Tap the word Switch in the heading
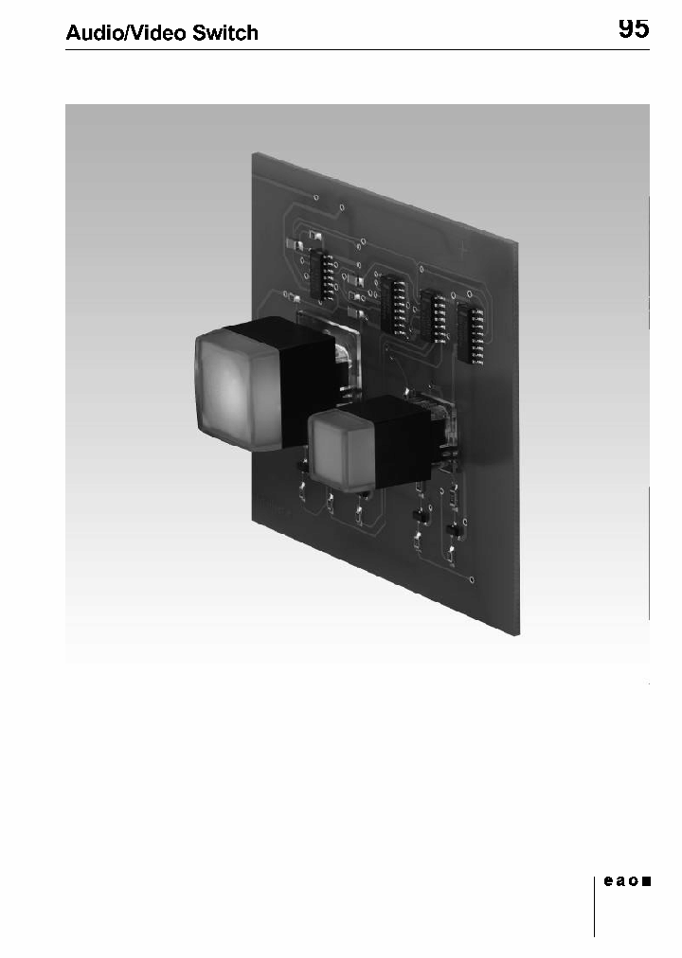pyautogui.click(x=225, y=33)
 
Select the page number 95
pyautogui.click(x=634, y=28)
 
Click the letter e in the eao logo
pyautogui.click(x=609, y=881)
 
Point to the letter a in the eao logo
pyautogui.click(x=621, y=881)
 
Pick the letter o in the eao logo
pyautogui.click(x=634, y=881)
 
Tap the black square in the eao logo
pyautogui.click(x=646, y=881)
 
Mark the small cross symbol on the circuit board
pyautogui.click(x=462, y=250)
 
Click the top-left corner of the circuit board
pyautogui.click(x=253, y=151)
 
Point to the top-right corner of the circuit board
pyautogui.click(x=519, y=243)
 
